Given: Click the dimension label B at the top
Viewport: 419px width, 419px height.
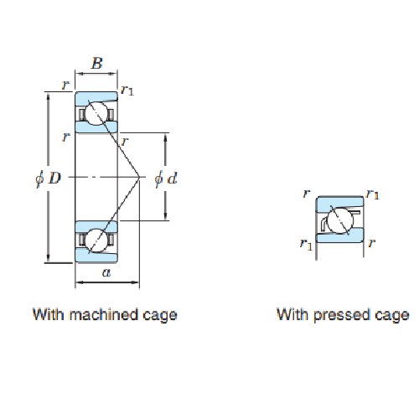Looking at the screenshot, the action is click(x=97, y=63).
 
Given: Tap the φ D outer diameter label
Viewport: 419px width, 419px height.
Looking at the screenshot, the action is click(x=48, y=178).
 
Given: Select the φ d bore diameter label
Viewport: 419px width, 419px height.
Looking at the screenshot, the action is click(x=166, y=178).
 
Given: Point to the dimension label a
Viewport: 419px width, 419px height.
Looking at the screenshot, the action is click(x=106, y=272).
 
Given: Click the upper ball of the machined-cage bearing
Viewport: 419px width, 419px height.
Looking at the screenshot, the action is click(x=96, y=114).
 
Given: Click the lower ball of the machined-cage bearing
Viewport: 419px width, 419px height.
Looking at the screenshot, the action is click(x=96, y=241).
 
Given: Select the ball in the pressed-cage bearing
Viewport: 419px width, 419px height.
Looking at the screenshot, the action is click(x=340, y=220).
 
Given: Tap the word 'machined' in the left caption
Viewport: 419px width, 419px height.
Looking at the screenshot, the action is click(x=104, y=314).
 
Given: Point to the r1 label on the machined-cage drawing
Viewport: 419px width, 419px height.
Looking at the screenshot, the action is click(x=127, y=91).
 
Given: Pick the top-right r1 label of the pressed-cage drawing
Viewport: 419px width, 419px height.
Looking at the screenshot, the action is click(x=374, y=194).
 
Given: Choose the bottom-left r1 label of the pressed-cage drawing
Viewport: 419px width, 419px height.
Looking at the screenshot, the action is click(x=306, y=244).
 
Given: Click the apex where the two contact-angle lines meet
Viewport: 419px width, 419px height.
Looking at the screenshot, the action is click(x=139, y=177).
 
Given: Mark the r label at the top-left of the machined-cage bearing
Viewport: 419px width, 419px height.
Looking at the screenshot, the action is click(x=65, y=85).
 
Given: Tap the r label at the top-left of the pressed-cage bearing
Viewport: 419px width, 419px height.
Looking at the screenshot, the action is click(x=307, y=193).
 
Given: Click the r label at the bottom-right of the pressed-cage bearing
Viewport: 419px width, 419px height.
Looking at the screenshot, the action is click(x=371, y=243).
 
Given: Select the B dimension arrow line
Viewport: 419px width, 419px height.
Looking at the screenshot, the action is click(x=96, y=74).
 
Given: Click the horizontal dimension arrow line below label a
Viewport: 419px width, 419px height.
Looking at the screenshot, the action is click(x=107, y=282).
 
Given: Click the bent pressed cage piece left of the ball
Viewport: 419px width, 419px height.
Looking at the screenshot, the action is click(x=323, y=224).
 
